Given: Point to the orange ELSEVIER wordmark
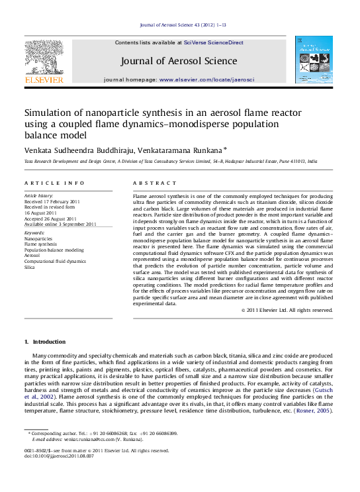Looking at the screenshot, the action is tap(44, 80).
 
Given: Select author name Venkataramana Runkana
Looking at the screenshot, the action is tap(187, 150).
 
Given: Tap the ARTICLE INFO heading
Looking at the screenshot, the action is tap(54, 183).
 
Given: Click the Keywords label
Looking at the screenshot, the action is tap(34, 233).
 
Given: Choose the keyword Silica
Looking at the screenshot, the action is tap(30, 267).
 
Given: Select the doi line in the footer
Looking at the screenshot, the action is tap(59, 456).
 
